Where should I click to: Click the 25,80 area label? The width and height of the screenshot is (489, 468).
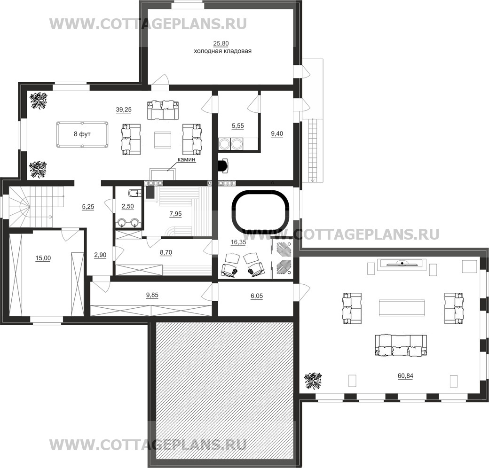pos(221,43)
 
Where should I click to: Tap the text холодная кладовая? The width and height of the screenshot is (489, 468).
pos(223,51)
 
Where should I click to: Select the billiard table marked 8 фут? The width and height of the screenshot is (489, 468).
pos(82,134)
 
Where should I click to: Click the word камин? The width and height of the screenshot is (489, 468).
pos(186,159)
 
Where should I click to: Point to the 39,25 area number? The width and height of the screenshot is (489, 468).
pos(124,109)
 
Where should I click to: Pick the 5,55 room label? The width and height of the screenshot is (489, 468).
pos(237,126)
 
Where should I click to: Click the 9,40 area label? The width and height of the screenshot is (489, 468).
pos(277,133)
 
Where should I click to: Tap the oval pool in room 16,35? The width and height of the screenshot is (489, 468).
pos(260,211)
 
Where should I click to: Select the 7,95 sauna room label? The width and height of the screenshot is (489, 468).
pos(175,214)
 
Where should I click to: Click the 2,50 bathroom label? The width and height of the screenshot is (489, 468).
pos(128,206)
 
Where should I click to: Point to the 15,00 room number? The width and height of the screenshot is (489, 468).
pos(43,258)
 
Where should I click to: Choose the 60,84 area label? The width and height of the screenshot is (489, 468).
pos(405,376)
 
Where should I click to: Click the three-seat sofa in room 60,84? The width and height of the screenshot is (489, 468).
pos(401,345)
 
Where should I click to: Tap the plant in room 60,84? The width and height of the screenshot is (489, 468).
pos(313,381)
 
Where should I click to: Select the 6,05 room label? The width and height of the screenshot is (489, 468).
pos(257,296)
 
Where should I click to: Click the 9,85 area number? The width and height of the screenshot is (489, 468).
pos(152,295)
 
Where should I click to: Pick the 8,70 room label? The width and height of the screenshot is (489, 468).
pos(166,252)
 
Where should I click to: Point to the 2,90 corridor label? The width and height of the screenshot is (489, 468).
pos(100,255)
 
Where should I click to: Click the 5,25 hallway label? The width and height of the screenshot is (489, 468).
pos(88,207)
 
